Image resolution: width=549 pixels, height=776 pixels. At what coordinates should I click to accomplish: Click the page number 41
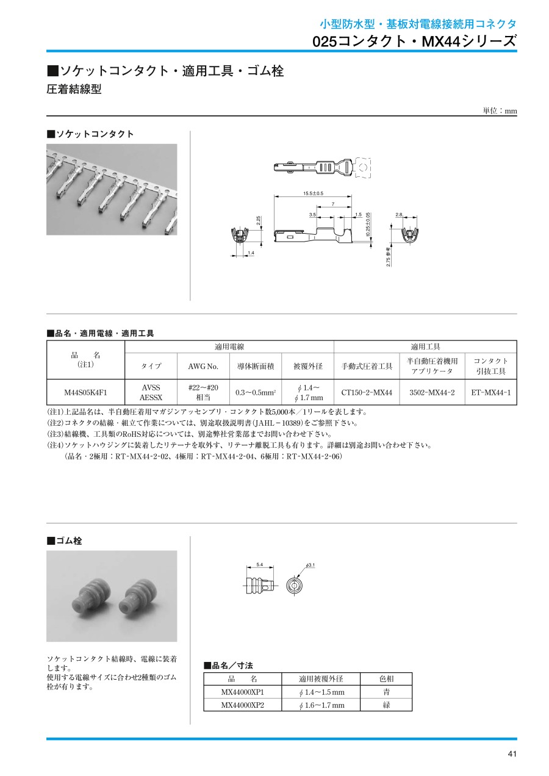[512, 754]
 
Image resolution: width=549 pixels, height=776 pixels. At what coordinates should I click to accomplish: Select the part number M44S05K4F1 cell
[85, 392]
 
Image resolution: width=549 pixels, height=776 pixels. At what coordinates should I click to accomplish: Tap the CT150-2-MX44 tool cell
[367, 392]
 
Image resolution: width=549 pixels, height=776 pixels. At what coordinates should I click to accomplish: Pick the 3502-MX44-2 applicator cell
[432, 392]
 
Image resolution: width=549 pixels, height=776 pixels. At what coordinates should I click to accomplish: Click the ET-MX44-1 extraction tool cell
[490, 392]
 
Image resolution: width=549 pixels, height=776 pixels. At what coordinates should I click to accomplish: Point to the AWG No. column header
[199, 366]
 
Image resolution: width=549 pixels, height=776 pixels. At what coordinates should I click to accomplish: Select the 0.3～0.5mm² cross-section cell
[256, 392]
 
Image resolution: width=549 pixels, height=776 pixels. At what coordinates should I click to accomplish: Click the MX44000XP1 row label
[242, 692]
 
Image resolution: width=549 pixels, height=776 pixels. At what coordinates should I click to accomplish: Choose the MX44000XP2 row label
[242, 705]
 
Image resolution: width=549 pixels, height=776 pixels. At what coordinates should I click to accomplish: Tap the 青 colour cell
[386, 692]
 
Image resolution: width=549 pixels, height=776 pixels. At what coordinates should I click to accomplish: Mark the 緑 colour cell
[386, 705]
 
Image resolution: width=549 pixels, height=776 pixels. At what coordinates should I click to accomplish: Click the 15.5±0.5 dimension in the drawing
[313, 193]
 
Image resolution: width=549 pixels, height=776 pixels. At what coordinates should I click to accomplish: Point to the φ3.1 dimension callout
[309, 566]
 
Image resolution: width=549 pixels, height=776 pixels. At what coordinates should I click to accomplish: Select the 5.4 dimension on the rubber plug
[259, 565]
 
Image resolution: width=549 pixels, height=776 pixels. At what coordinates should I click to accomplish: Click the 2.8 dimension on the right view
[400, 215]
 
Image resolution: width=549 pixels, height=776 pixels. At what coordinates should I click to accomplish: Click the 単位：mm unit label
[500, 111]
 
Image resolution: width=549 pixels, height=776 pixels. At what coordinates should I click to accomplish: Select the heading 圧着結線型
[74, 90]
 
